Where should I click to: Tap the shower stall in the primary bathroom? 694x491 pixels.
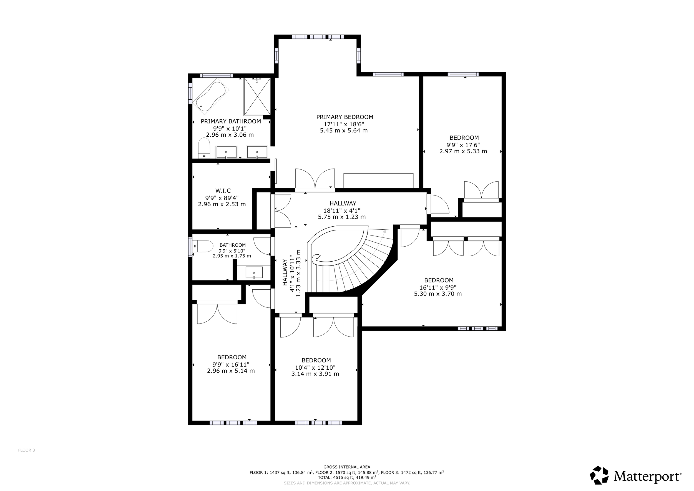pyautogui.click(x=257, y=97)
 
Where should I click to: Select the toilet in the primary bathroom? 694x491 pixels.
pyautogui.click(x=204, y=148)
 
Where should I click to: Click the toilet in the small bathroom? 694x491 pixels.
pyautogui.click(x=203, y=246)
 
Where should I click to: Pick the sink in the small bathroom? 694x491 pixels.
pyautogui.click(x=254, y=273)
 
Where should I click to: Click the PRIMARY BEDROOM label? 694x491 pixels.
pyautogui.click(x=345, y=117)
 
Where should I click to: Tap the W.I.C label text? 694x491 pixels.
pyautogui.click(x=223, y=191)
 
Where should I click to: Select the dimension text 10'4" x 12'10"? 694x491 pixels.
pyautogui.click(x=315, y=368)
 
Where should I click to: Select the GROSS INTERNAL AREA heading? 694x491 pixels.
pyautogui.click(x=347, y=467)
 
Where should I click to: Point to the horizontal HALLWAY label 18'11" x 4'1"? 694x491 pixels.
pyautogui.click(x=343, y=204)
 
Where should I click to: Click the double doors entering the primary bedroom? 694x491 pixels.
pyautogui.click(x=315, y=180)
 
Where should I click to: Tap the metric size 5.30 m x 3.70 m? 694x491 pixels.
pyautogui.click(x=438, y=294)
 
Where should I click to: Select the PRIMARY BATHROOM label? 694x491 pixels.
pyautogui.click(x=231, y=122)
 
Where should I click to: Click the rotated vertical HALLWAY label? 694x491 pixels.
pyautogui.click(x=285, y=272)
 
